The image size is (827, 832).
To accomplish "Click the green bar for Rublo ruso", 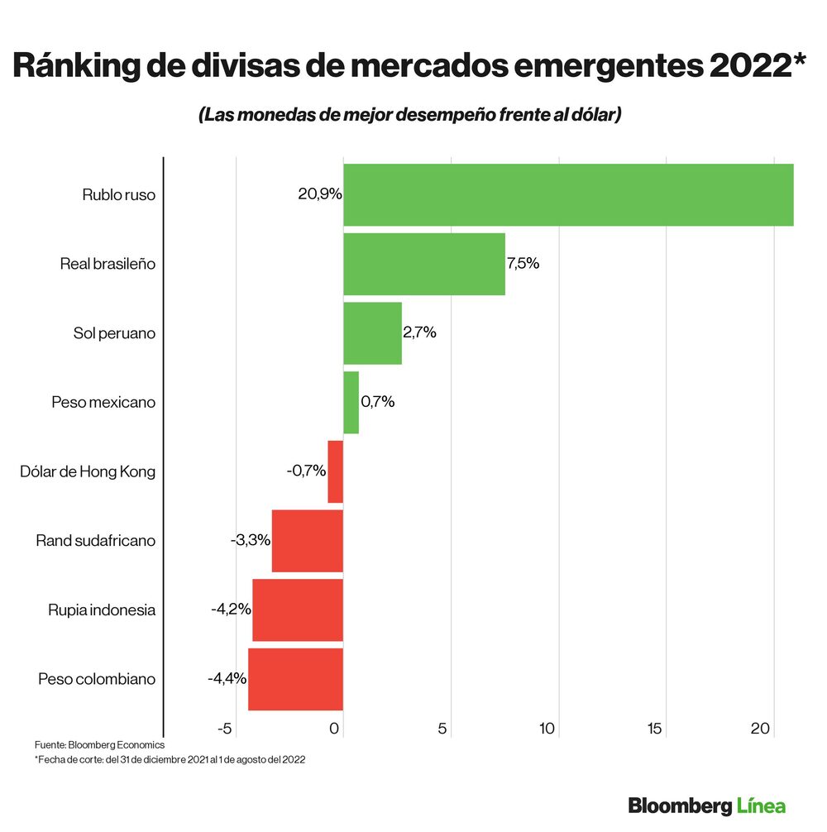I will [x=568, y=195].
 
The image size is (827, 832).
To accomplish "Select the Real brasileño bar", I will [x=423, y=264].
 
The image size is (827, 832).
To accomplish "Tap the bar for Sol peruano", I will [x=372, y=333].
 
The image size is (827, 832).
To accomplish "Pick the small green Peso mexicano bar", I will [x=351, y=403].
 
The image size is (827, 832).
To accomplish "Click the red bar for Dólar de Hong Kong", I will [x=335, y=471].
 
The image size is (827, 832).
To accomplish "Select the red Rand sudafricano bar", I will [x=307, y=541].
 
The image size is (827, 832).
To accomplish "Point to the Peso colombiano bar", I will [x=295, y=680].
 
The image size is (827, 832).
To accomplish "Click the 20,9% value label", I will [x=319, y=195].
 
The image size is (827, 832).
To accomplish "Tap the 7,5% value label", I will [x=523, y=264].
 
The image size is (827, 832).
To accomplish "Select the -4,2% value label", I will [x=231, y=610].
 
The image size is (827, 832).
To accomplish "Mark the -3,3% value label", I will [x=251, y=541].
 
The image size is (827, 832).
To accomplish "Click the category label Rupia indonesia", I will [x=102, y=610].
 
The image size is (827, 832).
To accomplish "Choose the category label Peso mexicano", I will [x=103, y=403].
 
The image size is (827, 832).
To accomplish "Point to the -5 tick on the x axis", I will [x=223, y=729].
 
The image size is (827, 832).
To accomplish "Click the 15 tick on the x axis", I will [x=654, y=729].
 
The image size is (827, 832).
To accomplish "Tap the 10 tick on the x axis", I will [x=547, y=729].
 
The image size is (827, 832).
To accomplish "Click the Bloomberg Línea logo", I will [x=706, y=805].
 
